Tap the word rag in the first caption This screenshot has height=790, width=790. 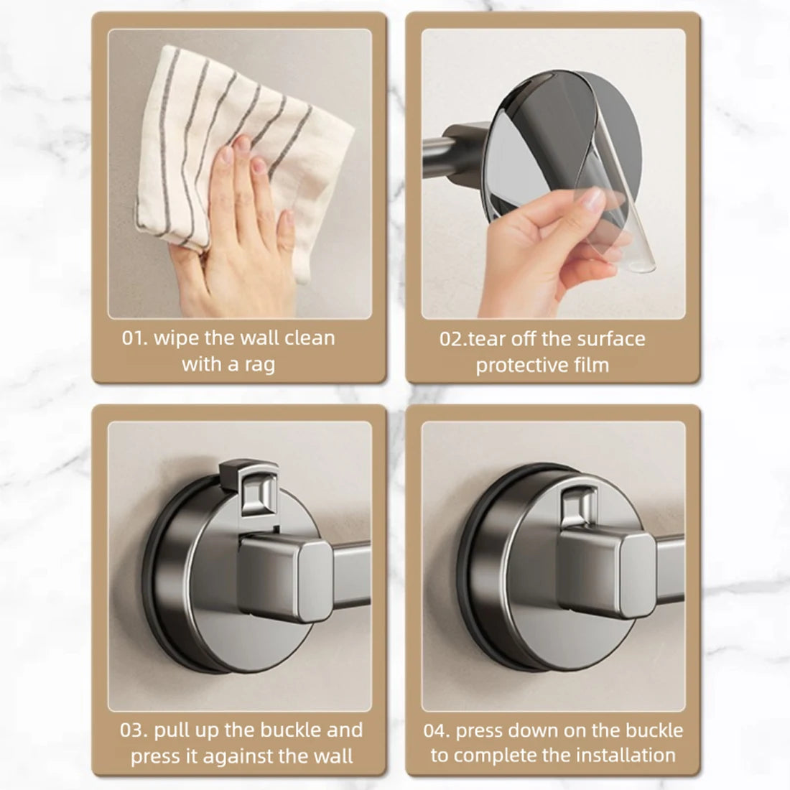coord(259,364)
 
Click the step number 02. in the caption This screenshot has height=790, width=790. coord(453,339)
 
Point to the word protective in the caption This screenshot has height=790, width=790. coord(519,366)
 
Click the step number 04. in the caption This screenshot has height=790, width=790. coord(438,731)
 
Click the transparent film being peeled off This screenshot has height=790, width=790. coord(618,215)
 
